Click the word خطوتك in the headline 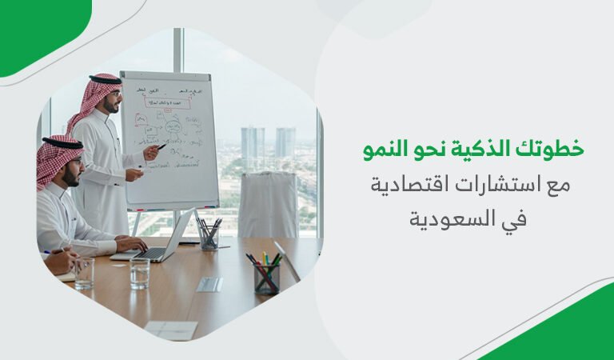pyautogui.click(x=554, y=149)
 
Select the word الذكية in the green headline pyautogui.click(x=481, y=149)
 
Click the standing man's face pyautogui.click(x=114, y=101)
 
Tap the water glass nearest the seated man pyautogui.click(x=84, y=273)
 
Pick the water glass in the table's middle pyautogui.click(x=140, y=273)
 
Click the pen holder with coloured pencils pyautogui.click(x=265, y=274)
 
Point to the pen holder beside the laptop pyautogui.click(x=209, y=234)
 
